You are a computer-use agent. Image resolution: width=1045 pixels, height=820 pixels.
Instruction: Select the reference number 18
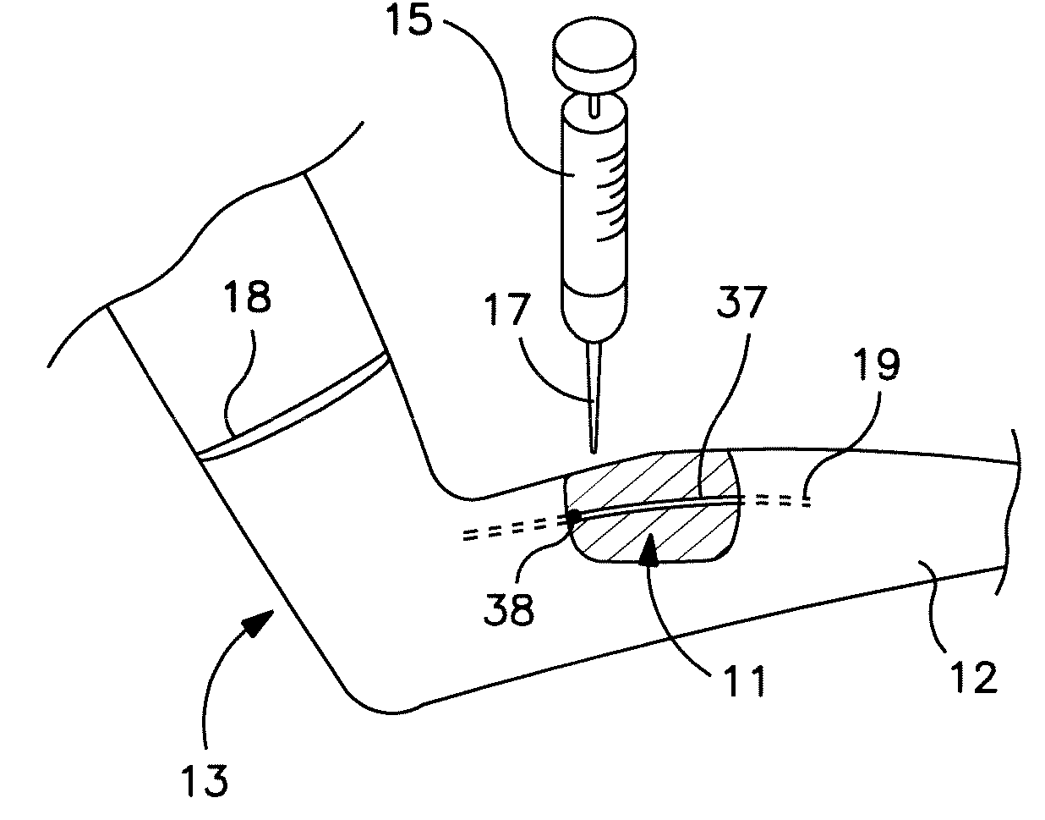pyautogui.click(x=247, y=300)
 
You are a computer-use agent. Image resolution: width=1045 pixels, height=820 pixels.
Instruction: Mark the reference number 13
pyautogui.click(x=205, y=779)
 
